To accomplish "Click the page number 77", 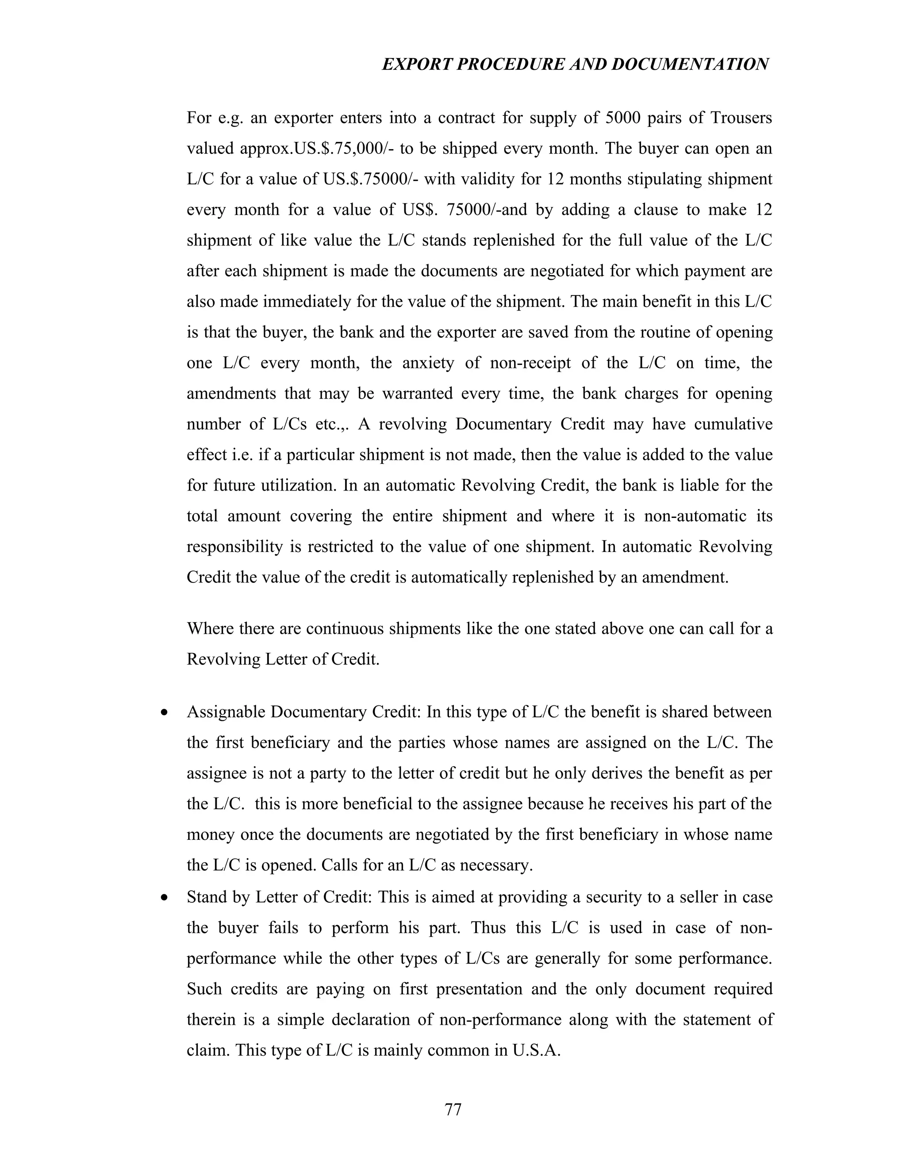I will pyautogui.click(x=453, y=1109).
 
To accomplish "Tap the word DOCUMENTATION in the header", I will pyautogui.click(x=690, y=65).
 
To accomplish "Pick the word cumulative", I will pyautogui.click(x=733, y=425).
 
